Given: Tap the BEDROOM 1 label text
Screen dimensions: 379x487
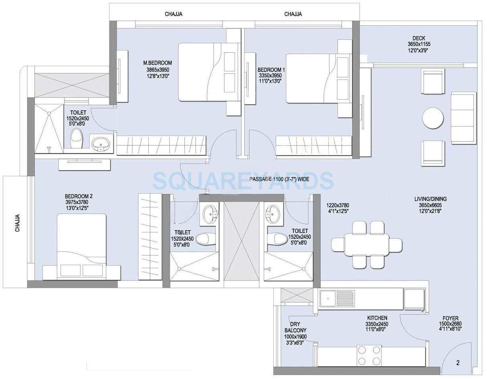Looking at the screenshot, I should (271, 69).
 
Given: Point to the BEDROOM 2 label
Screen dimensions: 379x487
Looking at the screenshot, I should (79, 196).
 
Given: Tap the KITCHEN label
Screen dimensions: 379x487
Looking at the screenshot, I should (377, 318).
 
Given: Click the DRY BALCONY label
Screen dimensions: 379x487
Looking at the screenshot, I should (295, 327).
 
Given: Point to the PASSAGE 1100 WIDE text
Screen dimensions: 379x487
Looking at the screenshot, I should (279, 179).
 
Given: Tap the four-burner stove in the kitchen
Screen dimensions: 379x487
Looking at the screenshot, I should (367, 355).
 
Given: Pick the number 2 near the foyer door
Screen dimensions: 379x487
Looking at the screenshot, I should (458, 362).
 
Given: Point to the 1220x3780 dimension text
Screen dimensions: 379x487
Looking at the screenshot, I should (337, 205).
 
